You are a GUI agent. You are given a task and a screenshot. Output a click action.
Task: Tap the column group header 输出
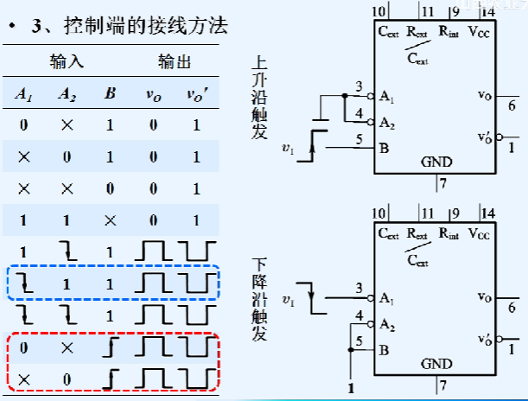pos(174,63)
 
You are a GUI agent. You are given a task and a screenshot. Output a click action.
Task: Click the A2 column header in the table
pos(67,93)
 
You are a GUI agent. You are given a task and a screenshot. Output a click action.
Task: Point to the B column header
pos(109,93)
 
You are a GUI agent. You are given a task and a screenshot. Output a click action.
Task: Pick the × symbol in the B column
pos(109,220)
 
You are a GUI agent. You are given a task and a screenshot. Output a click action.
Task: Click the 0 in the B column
pos(109,188)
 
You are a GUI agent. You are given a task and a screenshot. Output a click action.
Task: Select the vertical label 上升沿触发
pos(259,96)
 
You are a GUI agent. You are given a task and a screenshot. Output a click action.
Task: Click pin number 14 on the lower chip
pos(488,213)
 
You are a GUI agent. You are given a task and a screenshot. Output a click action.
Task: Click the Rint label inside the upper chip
pos(448,32)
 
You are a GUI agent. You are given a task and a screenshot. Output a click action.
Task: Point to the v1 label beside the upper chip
pos(288,149)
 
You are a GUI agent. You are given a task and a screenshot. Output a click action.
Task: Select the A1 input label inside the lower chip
pos(386,298)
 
